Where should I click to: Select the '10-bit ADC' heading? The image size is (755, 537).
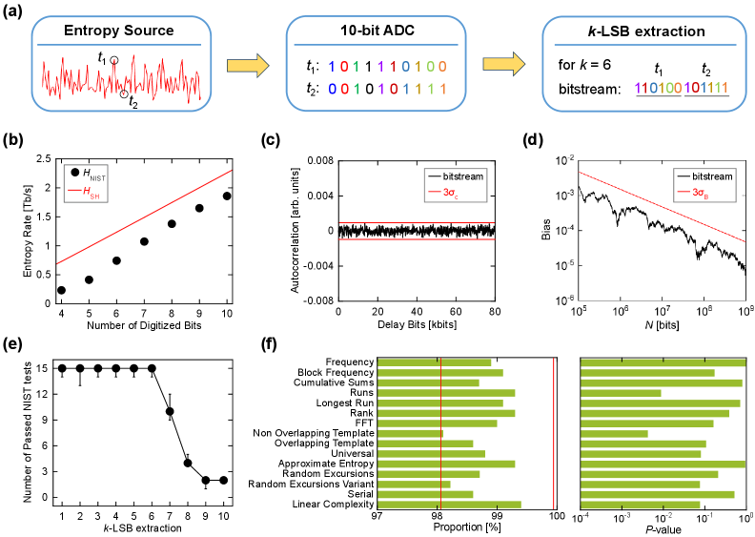[377, 31]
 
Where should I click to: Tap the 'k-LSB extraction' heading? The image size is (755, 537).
[629, 31]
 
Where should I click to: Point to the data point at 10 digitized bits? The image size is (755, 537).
[227, 196]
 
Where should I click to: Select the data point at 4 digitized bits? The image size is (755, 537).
[62, 290]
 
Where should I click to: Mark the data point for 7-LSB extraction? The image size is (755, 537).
[169, 412]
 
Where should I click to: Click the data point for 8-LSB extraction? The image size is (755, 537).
[187, 463]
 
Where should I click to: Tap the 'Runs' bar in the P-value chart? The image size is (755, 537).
[621, 392]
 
